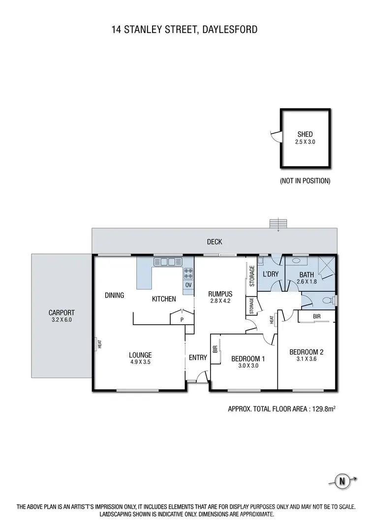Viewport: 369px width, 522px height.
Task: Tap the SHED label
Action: pos(305,134)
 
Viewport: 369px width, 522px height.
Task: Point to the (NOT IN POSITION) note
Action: pos(305,181)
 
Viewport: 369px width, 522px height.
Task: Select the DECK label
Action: pos(215,242)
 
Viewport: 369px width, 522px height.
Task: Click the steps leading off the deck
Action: pos(278,224)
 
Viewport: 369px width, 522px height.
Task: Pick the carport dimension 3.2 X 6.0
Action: pos(61,319)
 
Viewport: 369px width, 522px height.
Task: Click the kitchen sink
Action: pos(168,261)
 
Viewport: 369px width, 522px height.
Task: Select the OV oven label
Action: pos(188,285)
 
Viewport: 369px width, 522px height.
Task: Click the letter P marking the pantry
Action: pos(181,319)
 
